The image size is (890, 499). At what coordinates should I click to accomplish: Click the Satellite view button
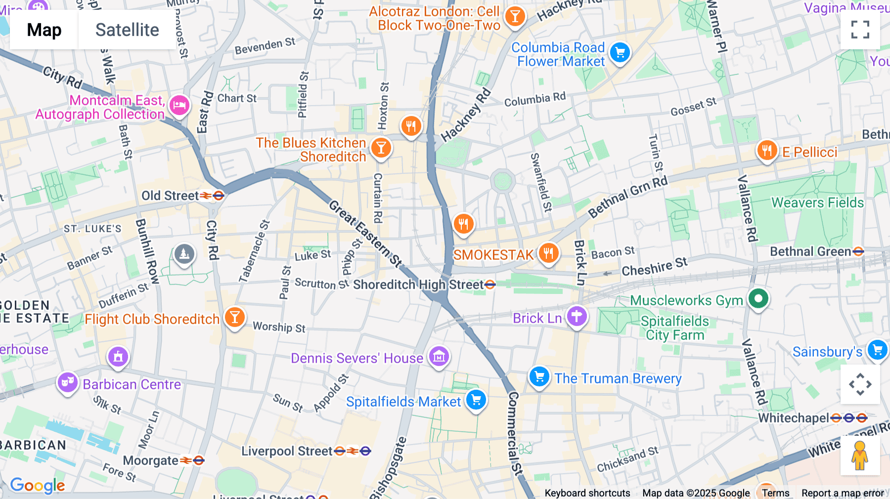[127, 30]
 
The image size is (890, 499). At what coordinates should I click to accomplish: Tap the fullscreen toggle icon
[860, 30]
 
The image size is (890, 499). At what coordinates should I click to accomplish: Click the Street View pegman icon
[860, 455]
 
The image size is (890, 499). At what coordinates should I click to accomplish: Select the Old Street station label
[171, 196]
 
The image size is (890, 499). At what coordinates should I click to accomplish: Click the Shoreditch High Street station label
[418, 285]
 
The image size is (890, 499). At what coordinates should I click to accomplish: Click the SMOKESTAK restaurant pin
[548, 253]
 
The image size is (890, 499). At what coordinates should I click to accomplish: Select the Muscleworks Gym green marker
[758, 298]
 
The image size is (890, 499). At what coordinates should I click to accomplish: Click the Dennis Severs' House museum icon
[439, 356]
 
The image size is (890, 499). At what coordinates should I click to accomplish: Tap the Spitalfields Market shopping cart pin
[476, 400]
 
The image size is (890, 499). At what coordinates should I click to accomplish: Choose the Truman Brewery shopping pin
[539, 377]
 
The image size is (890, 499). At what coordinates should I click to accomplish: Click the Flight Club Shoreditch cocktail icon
[235, 317]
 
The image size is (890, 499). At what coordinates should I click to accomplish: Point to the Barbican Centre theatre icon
[68, 382]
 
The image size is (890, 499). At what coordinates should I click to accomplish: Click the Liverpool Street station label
[287, 451]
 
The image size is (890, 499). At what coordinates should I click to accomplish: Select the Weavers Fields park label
[817, 203]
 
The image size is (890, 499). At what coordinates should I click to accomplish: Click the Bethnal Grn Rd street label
[627, 197]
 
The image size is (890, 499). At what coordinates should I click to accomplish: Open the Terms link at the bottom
[775, 493]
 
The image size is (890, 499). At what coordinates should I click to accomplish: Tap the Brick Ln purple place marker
[577, 316]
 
